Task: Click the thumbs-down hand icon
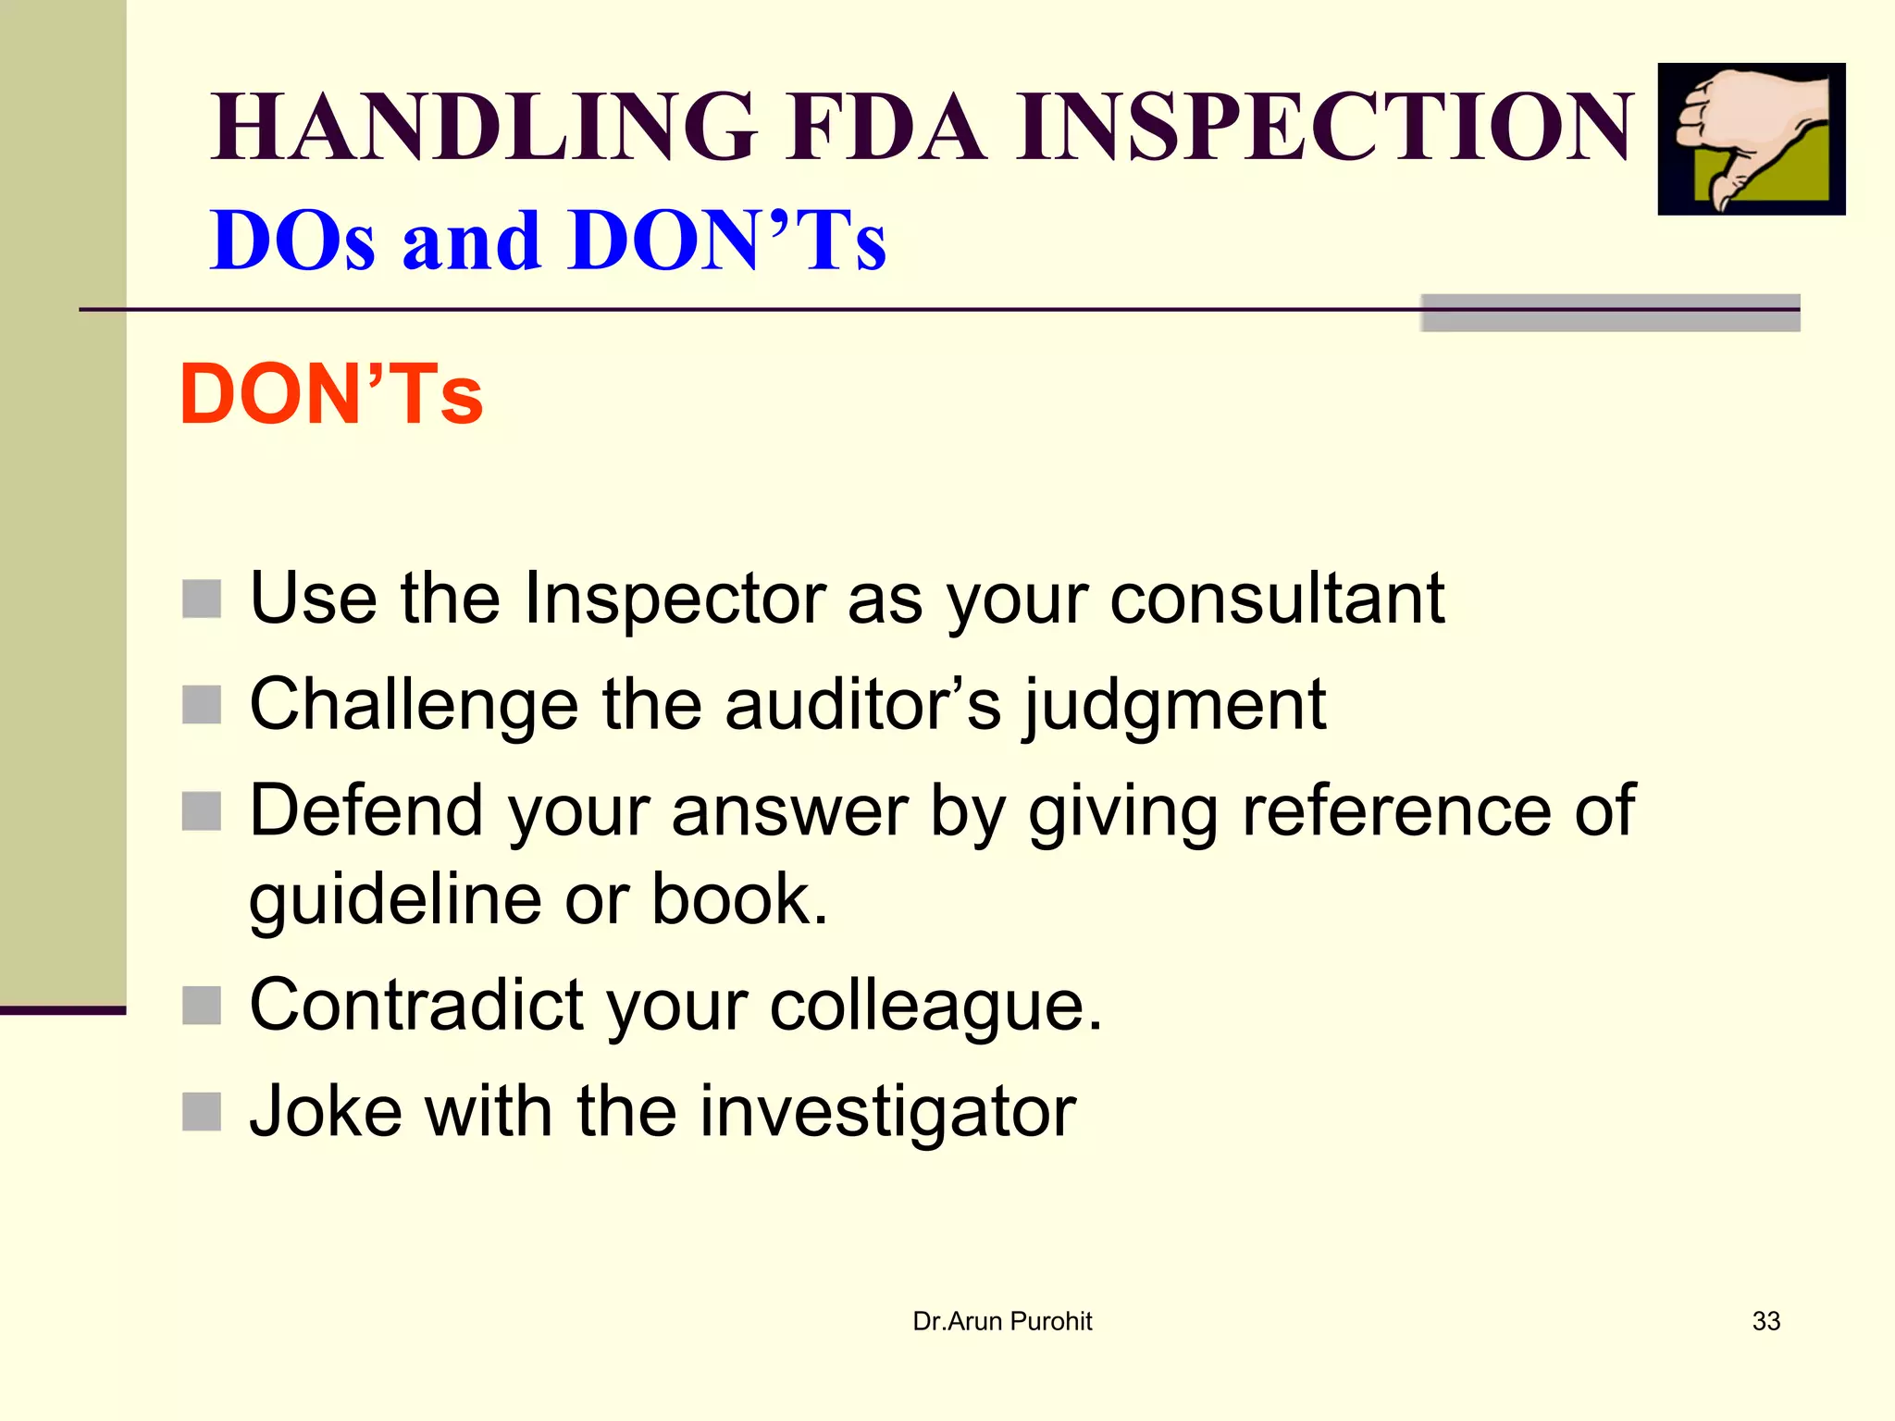pos(1751,139)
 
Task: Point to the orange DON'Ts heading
pos(331,395)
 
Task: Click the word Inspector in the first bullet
pos(674,599)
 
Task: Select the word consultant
pos(1277,599)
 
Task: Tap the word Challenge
pos(414,707)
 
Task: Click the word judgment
pos(1175,707)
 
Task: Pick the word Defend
pos(366,811)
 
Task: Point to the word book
pos(738,899)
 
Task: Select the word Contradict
pos(416,1006)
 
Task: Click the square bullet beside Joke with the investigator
pos(202,1112)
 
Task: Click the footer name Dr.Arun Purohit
pos(1002,1321)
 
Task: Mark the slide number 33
pos(1766,1321)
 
